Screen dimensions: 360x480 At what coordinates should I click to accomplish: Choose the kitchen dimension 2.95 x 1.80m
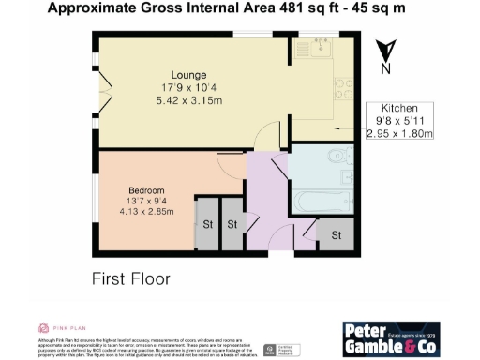[399, 134]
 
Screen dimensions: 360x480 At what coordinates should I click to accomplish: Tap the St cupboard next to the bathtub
[335, 233]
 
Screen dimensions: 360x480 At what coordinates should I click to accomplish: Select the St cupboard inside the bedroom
[205, 225]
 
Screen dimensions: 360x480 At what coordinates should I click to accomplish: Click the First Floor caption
[130, 278]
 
